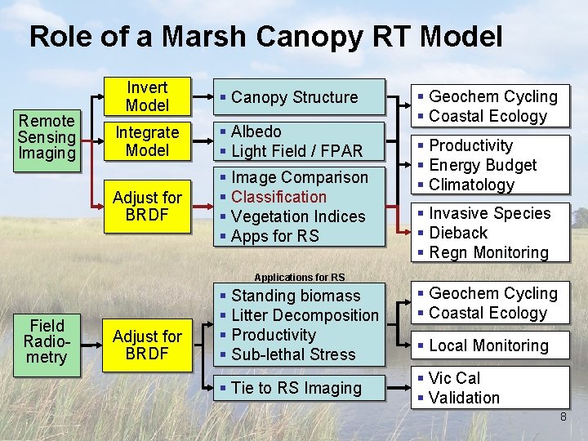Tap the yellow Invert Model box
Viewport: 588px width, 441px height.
click(x=148, y=96)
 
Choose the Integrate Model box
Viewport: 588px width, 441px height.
click(x=148, y=141)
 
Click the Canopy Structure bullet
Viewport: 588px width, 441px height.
click(x=295, y=97)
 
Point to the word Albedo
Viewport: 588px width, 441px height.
click(x=256, y=131)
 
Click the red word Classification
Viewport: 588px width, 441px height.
click(x=278, y=197)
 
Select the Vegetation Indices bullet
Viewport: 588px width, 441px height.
click(x=298, y=216)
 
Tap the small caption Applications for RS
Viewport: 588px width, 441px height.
click(x=300, y=278)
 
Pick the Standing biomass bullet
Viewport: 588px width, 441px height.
click(x=296, y=296)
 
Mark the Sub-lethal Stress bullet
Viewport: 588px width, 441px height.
click(x=293, y=354)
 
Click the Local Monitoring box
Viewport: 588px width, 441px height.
click(x=488, y=345)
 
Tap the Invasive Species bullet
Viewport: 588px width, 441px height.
click(x=490, y=213)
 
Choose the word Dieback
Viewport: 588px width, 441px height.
click(x=458, y=233)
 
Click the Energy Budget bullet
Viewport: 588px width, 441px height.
click(x=483, y=165)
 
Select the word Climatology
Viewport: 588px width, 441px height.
click(x=472, y=185)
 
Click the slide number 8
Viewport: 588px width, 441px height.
click(x=563, y=417)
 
